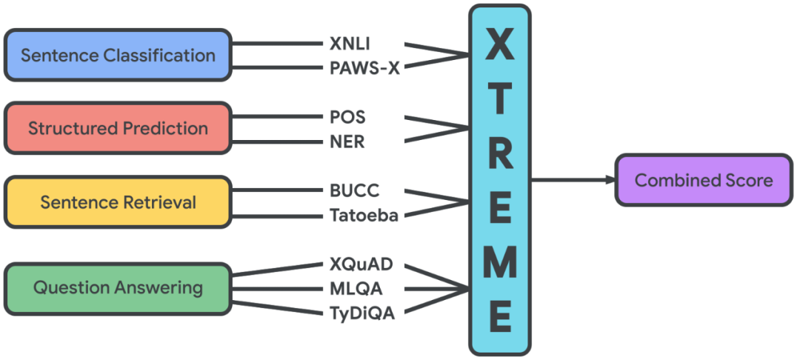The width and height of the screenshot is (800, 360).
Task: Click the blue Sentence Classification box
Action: click(118, 55)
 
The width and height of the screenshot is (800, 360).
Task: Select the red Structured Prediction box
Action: click(118, 128)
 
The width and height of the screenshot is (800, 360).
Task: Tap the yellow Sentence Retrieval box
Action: click(118, 201)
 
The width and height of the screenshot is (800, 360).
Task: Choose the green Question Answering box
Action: click(118, 287)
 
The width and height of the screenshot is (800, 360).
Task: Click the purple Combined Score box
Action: click(703, 180)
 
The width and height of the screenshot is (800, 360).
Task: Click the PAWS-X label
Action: click(364, 69)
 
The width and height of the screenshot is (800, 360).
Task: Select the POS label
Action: click(347, 117)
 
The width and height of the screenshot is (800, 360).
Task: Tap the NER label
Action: click(347, 141)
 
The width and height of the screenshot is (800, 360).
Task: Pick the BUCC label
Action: click(354, 190)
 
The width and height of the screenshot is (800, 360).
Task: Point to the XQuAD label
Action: click(361, 264)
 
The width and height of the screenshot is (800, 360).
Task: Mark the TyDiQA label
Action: click(361, 313)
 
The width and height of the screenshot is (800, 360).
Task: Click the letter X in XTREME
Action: click(500, 47)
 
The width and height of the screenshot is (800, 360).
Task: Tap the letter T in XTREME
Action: click(500, 101)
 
